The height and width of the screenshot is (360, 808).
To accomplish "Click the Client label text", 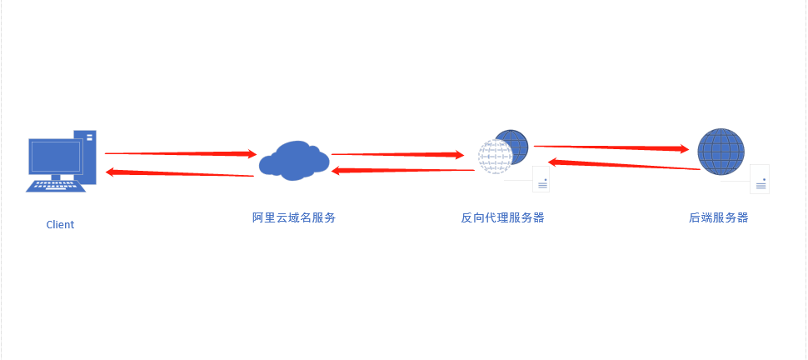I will point(60,224).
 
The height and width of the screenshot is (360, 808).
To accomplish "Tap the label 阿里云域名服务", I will point(294,218).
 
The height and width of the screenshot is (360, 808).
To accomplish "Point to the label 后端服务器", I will point(718,218).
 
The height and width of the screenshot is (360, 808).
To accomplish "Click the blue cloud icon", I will point(292,158).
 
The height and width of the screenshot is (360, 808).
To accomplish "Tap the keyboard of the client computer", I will point(55,185).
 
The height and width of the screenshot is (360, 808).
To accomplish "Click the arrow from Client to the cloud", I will point(179,153).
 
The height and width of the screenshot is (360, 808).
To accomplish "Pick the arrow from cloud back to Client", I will point(179,173).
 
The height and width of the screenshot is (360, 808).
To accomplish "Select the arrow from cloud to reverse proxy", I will point(396,154).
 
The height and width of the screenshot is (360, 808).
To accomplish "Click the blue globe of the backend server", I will point(721,152).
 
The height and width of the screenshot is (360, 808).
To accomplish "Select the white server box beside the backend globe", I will point(759,178).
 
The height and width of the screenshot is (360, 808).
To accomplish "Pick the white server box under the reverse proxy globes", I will point(541,179).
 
